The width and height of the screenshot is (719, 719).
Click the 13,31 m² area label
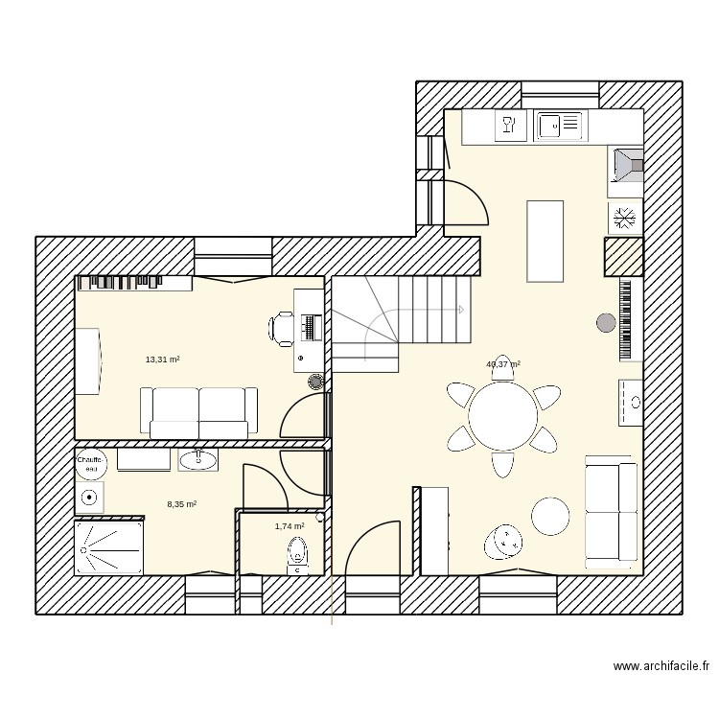pyautogui.click(x=162, y=359)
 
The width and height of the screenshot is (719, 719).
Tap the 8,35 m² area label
pyautogui.click(x=181, y=503)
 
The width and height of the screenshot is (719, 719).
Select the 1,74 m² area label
pyautogui.click(x=289, y=526)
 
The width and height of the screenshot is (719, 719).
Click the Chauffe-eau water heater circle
pyautogui.click(x=91, y=464)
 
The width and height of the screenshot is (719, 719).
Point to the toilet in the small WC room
pyautogui.click(x=296, y=554)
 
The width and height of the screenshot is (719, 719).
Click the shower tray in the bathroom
pyautogui.click(x=109, y=547)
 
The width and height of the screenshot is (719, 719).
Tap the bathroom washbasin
pyautogui.click(x=198, y=459)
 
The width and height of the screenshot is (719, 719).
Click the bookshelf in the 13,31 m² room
pyautogui.click(x=135, y=282)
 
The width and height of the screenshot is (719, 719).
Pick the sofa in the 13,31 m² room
pyautogui.click(x=199, y=409)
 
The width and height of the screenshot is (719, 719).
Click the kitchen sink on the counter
pyautogui.click(x=559, y=125)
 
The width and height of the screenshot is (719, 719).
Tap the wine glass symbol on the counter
pyautogui.click(x=508, y=124)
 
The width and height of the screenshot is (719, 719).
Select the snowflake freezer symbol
pyautogui.click(x=623, y=219)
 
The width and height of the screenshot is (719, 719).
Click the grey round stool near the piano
pyautogui.click(x=606, y=323)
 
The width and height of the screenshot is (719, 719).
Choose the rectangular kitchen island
pyautogui.click(x=545, y=241)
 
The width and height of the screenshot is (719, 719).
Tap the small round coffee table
pyautogui.click(x=550, y=516)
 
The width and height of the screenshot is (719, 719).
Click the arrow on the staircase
pyautogui.click(x=460, y=310)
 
